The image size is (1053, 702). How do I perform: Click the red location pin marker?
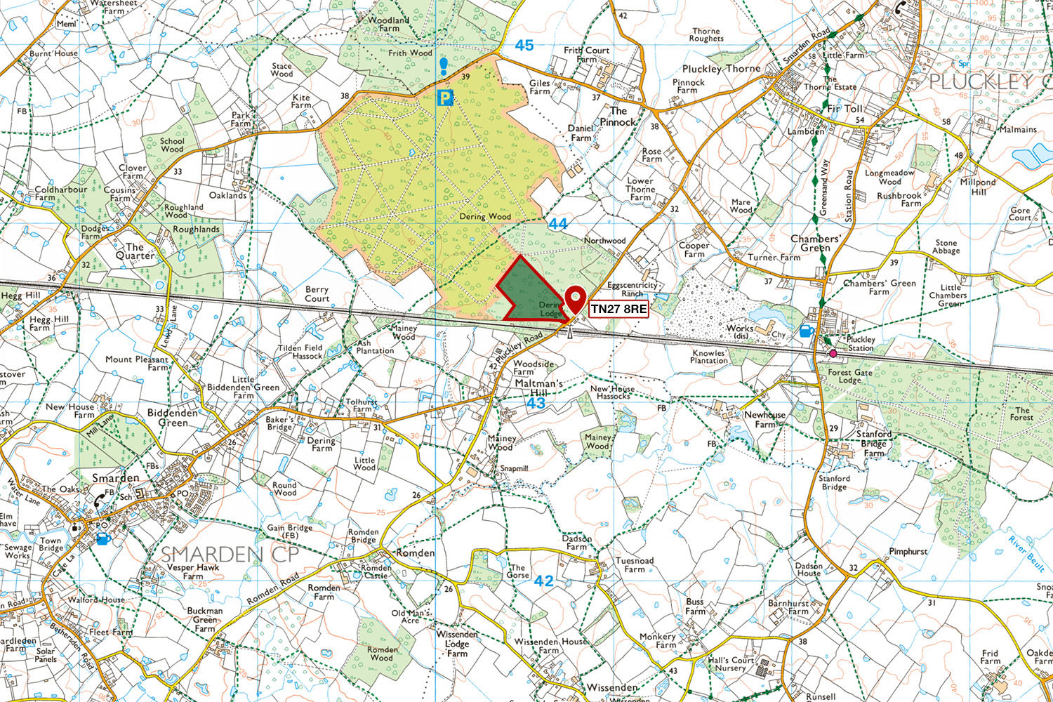pos(576,300)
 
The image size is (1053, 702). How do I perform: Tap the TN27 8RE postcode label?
pos(618,309)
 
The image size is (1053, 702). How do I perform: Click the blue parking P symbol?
pos(444,98)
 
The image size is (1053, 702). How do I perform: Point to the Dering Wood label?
pos(485,217)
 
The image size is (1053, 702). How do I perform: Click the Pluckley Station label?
pos(861,343)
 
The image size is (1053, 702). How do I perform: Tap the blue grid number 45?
pos(524,46)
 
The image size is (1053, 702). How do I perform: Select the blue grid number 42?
pos(543,581)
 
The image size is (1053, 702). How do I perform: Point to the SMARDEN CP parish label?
pos(230,554)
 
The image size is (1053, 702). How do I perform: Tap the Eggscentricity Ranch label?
pos(632,289)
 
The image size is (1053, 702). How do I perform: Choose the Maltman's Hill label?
pos(538,389)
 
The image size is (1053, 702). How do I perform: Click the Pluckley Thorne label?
pos(721,69)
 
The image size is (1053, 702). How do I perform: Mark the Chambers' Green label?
pos(815,243)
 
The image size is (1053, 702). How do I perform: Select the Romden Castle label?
pos(376,571)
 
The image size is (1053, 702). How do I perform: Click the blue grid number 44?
pos(557,224)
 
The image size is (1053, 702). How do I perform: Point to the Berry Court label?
pos(317,293)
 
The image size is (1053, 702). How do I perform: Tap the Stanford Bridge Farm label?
pos(873,444)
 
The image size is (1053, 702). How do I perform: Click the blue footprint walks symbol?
pos(443,67)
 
